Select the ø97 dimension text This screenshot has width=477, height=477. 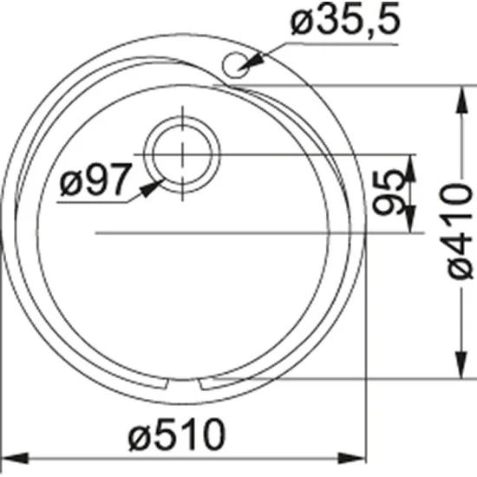(95, 180)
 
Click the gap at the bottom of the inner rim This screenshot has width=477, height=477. (184, 382)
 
